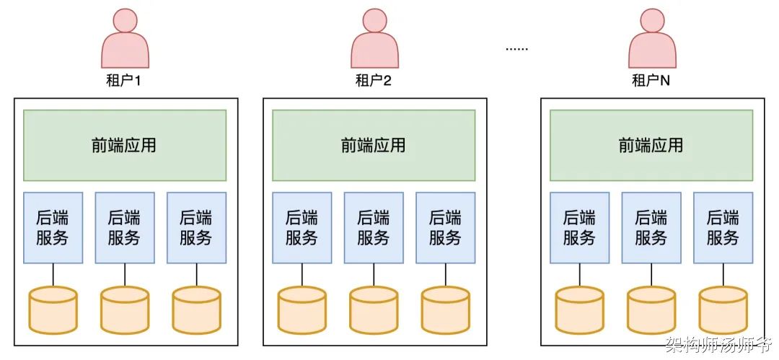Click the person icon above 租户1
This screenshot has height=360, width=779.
click(x=126, y=39)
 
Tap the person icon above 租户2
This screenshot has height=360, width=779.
click(x=374, y=39)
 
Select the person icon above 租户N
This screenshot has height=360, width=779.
click(x=652, y=39)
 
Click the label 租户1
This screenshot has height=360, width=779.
click(x=124, y=81)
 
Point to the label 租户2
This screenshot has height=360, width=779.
click(x=374, y=81)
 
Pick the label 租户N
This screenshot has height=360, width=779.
click(x=651, y=81)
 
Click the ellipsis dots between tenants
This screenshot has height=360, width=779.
click(x=516, y=49)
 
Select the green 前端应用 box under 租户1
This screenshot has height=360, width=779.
click(x=125, y=145)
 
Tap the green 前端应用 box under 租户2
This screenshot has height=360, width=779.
click(x=374, y=145)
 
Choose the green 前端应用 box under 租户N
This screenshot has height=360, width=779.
click(x=651, y=145)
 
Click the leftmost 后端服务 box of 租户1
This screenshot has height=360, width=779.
click(x=53, y=228)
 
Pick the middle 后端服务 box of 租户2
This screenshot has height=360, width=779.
click(x=374, y=228)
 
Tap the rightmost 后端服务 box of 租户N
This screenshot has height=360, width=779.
click(x=723, y=228)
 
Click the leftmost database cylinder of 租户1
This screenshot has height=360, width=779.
click(x=53, y=309)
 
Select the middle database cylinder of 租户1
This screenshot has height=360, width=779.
click(x=125, y=309)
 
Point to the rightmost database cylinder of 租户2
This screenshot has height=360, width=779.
click(x=446, y=309)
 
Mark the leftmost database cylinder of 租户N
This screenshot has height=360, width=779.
click(x=580, y=309)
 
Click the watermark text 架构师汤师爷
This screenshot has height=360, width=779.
click(x=718, y=343)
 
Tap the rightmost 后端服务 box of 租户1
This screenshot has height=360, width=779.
click(x=197, y=228)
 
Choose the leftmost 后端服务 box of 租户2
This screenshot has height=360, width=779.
click(x=302, y=228)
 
